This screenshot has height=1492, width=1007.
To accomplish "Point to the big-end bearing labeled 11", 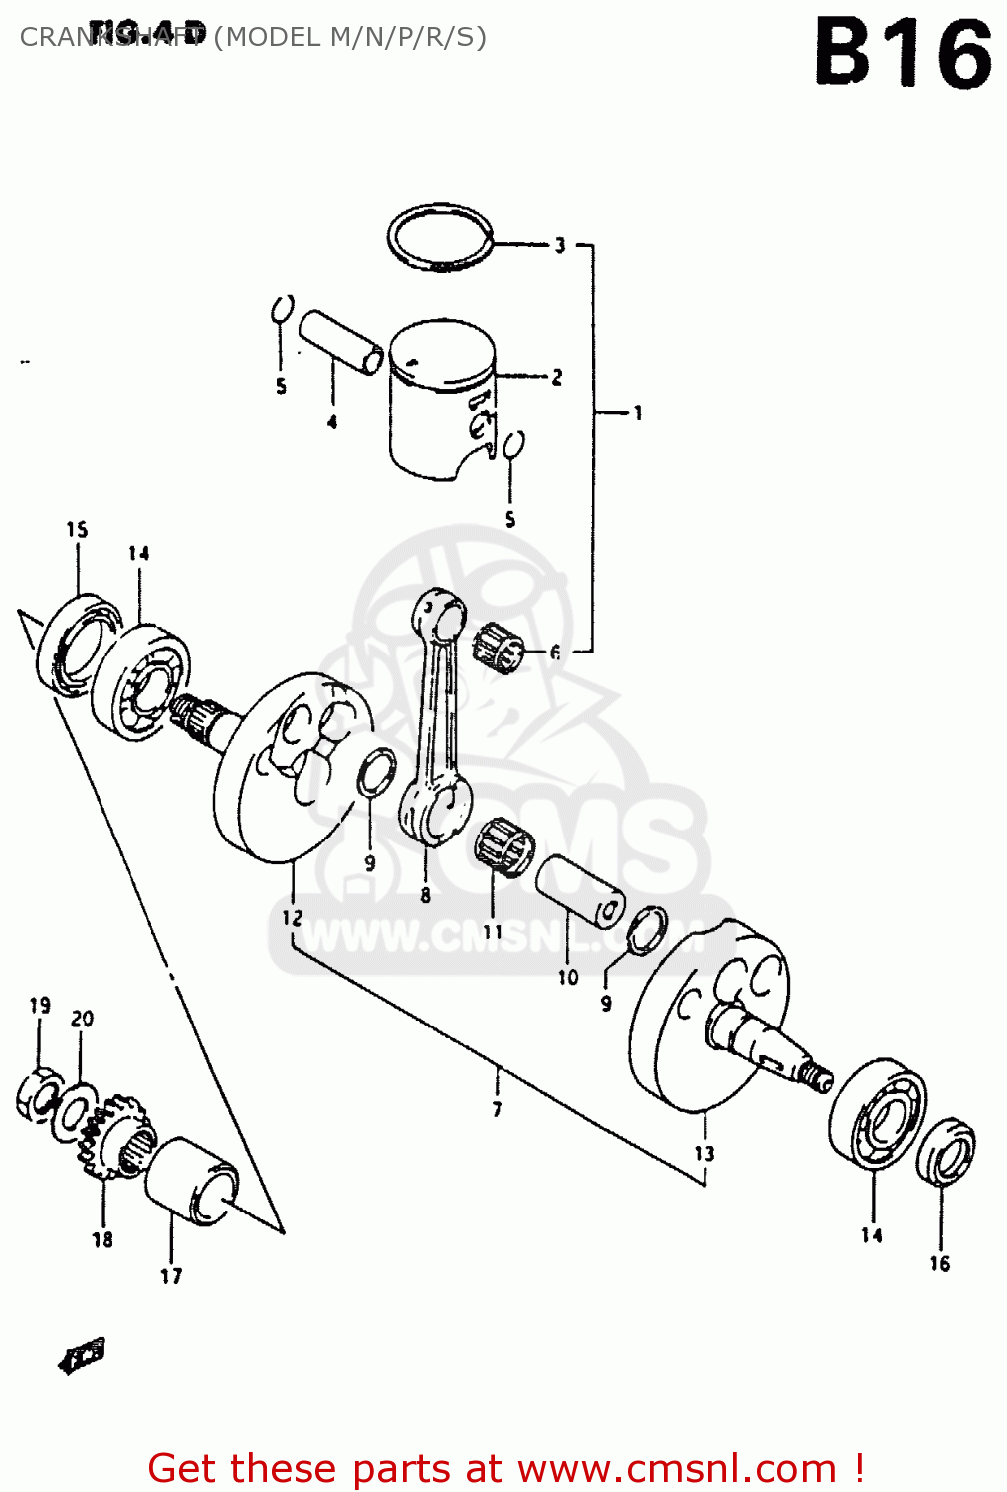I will [x=503, y=847].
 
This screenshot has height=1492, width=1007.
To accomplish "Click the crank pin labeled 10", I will [x=580, y=890].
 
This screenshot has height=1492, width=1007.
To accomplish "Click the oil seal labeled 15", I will [x=67, y=645].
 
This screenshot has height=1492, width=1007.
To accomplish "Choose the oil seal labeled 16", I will [x=945, y=1151].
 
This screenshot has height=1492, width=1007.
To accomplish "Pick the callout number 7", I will [x=497, y=1108].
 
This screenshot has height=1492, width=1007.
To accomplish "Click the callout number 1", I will [x=637, y=412].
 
